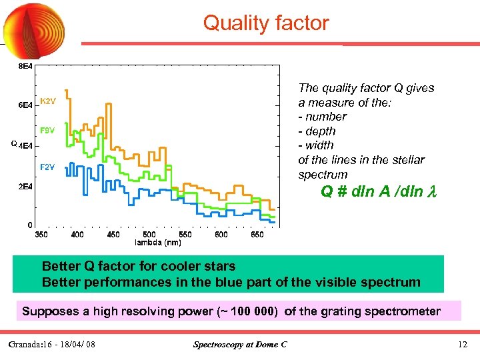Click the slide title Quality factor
pos(266,23)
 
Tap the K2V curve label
pos(48,101)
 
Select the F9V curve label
pos(47,130)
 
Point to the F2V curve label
pos(47,167)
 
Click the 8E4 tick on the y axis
pos(25,67)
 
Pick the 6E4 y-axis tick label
pos(25,106)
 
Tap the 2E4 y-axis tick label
pos(25,187)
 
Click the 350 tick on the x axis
pos(41,234)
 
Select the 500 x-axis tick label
pos(149,234)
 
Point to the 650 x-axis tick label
pos(257,234)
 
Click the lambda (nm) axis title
pos(158,242)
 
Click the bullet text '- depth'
pos(317,131)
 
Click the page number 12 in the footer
pos(463,345)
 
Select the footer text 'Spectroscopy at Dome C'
pos(240,345)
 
